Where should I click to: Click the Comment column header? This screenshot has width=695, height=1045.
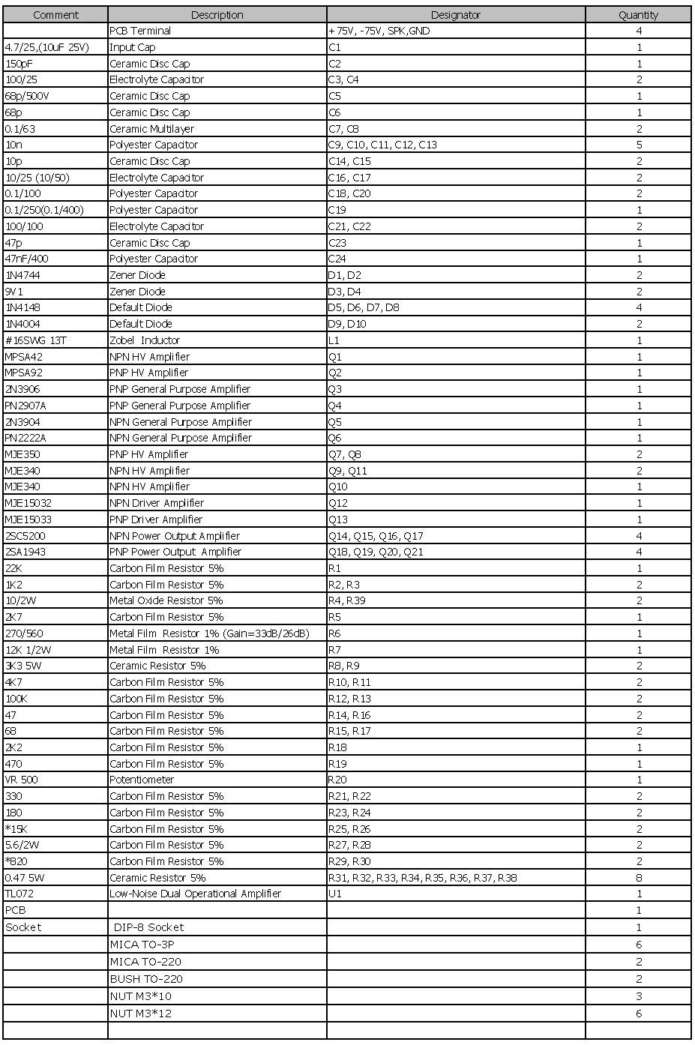[x=55, y=15]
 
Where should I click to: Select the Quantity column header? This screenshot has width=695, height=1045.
[x=638, y=15]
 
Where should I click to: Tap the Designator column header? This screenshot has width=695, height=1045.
[x=455, y=15]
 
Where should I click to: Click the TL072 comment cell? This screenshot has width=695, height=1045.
[x=20, y=894]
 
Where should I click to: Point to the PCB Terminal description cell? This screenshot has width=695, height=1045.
[x=140, y=31]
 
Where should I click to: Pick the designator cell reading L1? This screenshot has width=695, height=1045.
[x=334, y=340]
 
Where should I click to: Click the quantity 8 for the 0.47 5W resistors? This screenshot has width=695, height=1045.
[x=639, y=878]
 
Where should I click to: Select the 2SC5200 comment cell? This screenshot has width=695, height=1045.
[x=25, y=536]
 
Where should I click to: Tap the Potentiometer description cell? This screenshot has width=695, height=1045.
[x=142, y=780]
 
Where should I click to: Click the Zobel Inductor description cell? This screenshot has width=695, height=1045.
[x=145, y=340]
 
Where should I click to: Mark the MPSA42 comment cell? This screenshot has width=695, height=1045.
[x=24, y=357]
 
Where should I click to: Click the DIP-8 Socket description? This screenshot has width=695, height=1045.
[x=148, y=927]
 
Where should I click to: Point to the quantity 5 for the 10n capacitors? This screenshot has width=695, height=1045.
[x=639, y=145]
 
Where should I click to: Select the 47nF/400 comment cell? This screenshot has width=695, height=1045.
[x=27, y=259]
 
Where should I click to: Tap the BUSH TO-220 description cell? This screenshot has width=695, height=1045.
[x=146, y=979]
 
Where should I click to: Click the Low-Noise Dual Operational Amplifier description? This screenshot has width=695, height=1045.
[x=195, y=894]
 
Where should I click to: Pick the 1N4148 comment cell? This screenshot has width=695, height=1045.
[x=23, y=307]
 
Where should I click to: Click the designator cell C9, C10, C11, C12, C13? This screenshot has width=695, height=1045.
[x=382, y=145]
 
